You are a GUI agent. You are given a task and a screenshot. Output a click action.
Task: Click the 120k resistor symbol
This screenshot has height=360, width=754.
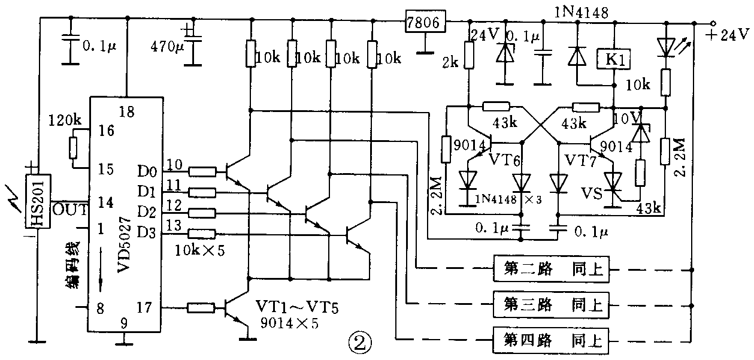coord(74,147)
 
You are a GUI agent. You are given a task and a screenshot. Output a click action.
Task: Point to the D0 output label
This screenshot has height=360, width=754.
coord(147,173)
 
